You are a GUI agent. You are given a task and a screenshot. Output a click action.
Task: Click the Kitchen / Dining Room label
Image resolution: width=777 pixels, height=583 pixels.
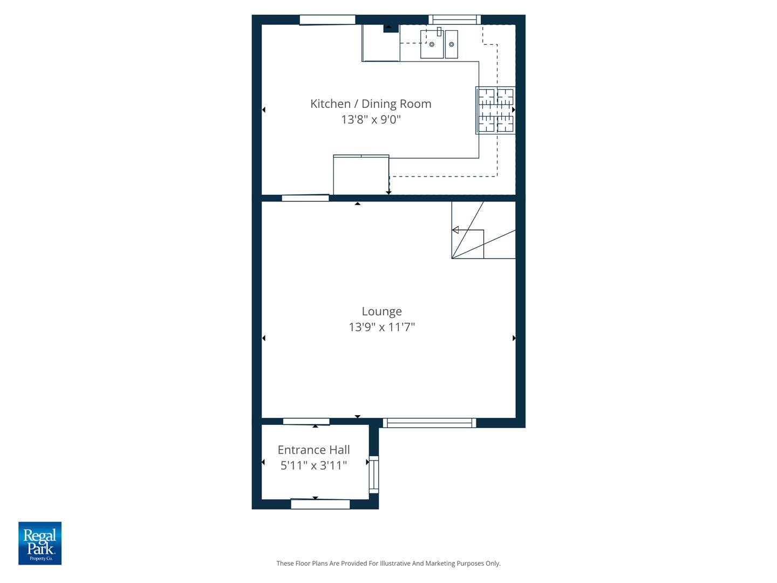tap(371, 104)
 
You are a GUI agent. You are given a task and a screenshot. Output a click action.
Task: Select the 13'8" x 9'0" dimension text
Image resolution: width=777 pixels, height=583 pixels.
tap(371, 119)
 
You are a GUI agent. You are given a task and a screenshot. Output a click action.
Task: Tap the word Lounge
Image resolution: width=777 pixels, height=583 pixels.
tap(381, 311)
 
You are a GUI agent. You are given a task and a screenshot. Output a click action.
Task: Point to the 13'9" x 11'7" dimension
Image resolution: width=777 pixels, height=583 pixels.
tap(381, 327)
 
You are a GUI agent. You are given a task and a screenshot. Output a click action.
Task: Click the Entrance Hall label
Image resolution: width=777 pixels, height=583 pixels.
tap(313, 450)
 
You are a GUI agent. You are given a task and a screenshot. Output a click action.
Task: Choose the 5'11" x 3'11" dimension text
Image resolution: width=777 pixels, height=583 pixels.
tap(313, 465)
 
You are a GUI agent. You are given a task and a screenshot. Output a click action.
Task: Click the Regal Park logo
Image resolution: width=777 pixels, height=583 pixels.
tap(40, 543)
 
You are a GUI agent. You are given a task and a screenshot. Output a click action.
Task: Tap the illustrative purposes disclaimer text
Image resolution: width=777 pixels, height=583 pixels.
tap(388, 563)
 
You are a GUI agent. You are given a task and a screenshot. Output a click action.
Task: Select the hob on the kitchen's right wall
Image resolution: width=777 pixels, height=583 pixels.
tap(495, 110)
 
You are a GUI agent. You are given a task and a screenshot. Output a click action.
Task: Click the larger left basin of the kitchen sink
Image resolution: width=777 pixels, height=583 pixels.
tap(432, 44)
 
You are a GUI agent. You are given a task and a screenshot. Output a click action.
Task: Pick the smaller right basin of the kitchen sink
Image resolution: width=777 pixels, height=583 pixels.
tap(452, 44)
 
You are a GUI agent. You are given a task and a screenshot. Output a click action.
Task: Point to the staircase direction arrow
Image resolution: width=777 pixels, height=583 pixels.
tap(455, 231)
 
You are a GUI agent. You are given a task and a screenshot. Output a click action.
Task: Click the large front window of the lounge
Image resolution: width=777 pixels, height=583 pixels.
tap(430, 423)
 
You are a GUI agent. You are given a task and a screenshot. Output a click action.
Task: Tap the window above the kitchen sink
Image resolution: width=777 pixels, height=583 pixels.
tap(454, 20)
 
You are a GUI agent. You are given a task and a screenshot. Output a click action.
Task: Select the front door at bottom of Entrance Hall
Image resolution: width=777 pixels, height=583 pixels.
tap(320, 504)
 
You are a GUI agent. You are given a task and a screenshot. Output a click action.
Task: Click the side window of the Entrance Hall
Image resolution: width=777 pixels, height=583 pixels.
tap(373, 474)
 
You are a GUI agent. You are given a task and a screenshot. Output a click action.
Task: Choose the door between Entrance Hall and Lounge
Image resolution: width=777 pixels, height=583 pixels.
tap(306, 422)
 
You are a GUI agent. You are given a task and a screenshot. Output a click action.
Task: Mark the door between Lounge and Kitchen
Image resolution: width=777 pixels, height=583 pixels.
tap(305, 198)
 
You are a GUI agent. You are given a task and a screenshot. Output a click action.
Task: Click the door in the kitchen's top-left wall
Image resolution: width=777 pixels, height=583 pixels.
tap(327, 20)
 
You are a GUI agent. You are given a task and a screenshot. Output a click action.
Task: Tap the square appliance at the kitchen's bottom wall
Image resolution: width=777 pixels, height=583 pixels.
tap(361, 175)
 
